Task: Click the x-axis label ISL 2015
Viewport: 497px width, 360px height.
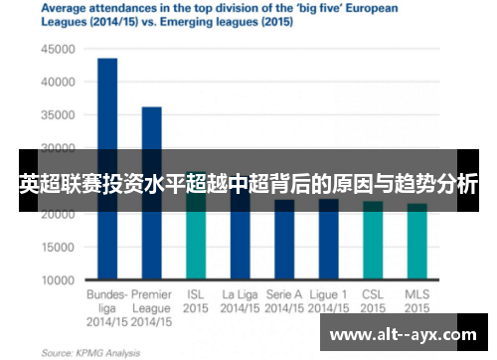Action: [196, 301]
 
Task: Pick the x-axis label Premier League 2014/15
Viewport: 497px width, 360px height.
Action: [151, 308]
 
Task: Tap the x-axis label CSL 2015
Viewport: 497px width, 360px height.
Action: [373, 301]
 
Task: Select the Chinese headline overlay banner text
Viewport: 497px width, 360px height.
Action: [248, 184]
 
